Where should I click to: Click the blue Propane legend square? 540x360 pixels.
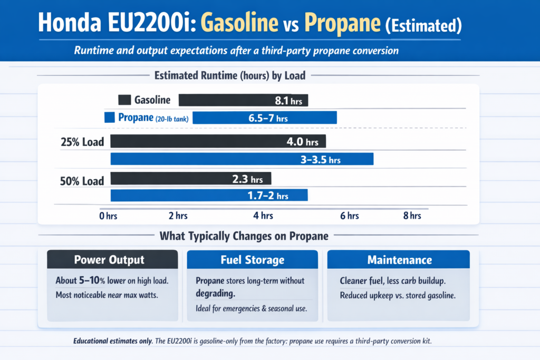click(x=110, y=118)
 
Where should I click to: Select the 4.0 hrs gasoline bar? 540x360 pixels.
click(x=218, y=142)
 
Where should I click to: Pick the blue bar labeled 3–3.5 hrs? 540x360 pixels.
click(x=241, y=159)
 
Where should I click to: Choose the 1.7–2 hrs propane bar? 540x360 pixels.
click(x=208, y=196)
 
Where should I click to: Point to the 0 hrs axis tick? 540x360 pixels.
click(x=108, y=216)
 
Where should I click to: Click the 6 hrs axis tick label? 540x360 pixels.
click(x=349, y=216)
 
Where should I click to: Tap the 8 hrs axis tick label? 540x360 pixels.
click(x=412, y=216)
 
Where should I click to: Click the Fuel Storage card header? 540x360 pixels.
click(x=252, y=260)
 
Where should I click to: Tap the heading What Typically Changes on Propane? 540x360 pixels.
click(x=244, y=236)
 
